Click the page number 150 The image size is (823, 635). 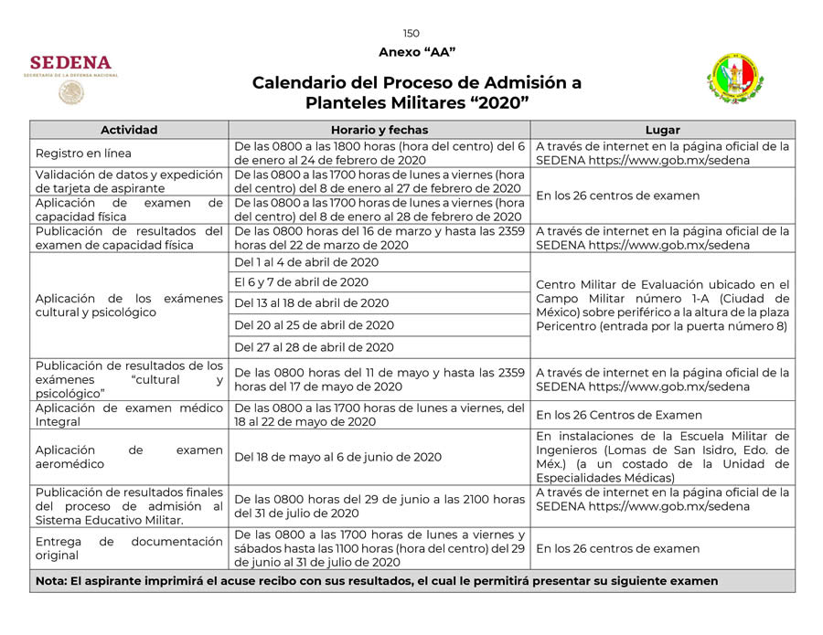(411, 34)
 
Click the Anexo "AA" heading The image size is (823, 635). (416, 52)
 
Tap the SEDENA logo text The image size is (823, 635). (70, 63)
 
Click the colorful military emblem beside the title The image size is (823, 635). (735, 79)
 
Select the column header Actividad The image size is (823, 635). (129, 130)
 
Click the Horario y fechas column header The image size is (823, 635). (379, 130)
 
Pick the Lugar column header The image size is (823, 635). (662, 130)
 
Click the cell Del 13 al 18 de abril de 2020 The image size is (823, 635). (311, 303)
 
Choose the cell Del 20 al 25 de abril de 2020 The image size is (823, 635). (314, 325)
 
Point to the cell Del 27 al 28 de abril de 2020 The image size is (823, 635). (314, 347)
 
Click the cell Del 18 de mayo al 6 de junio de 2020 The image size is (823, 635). (337, 457)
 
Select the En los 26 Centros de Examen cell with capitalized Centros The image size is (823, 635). (619, 415)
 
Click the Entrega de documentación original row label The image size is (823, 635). (129, 548)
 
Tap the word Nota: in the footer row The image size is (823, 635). (52, 581)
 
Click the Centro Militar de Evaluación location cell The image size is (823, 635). (662, 305)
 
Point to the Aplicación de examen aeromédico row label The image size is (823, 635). (129, 457)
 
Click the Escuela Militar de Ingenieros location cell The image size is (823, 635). (662, 457)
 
